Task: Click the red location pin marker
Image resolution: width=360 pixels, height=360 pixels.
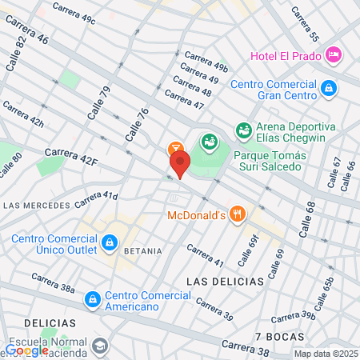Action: (x=180, y=165)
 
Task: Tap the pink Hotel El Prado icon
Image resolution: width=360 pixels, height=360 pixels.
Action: (x=334, y=54)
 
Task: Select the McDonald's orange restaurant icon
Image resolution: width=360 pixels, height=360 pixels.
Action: (x=236, y=214)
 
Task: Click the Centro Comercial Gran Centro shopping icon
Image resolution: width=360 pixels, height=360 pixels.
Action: (x=329, y=87)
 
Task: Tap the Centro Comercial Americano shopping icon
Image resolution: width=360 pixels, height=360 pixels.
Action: (x=94, y=298)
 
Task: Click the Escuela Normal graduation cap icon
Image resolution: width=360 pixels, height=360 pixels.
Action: (x=100, y=346)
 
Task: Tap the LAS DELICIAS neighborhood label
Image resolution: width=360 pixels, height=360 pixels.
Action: (x=225, y=282)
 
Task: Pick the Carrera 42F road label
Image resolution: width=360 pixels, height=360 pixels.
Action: (x=71, y=157)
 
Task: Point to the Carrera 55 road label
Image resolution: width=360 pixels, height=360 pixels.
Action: (x=306, y=26)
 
